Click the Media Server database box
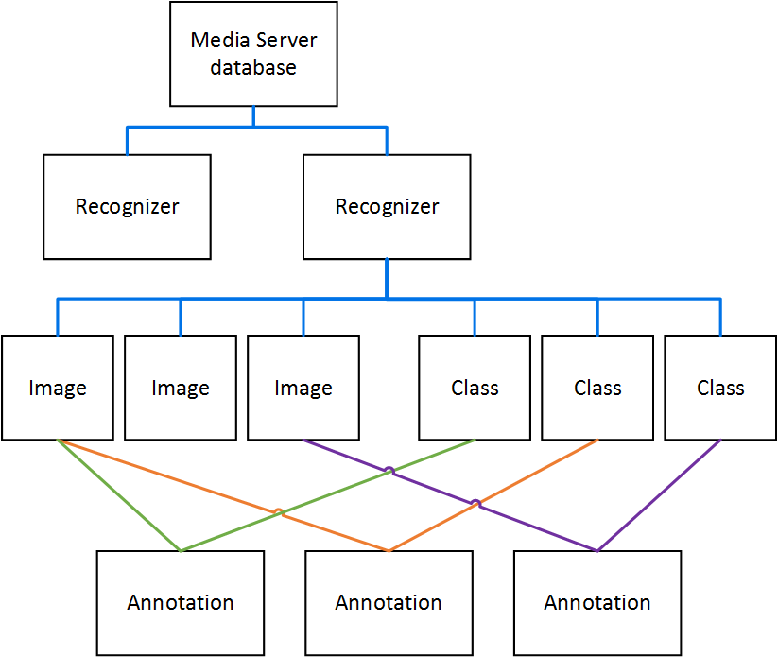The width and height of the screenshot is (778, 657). pos(253,54)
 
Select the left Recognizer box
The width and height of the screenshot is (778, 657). pos(127,206)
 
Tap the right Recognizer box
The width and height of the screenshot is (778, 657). pos(387,206)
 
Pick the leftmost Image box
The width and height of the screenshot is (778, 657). pos(58,388)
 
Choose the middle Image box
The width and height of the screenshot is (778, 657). pos(181,388)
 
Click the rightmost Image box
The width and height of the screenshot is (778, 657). pos(303,388)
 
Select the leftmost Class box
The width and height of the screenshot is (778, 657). pos(475,388)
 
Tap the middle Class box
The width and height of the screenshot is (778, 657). pos(597,388)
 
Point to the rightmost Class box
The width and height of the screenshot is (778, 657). pos(720,388)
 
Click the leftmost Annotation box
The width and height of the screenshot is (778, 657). pos(181,602)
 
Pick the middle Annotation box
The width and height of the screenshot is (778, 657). pos(389,602)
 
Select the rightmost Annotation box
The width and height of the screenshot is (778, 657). pos(597,602)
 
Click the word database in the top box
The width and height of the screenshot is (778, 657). pos(253,68)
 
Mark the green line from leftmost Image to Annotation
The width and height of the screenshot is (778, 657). pos(118,494)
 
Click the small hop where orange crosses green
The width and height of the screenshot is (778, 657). pos(278,513)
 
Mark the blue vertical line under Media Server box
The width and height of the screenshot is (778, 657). pos(253,115)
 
